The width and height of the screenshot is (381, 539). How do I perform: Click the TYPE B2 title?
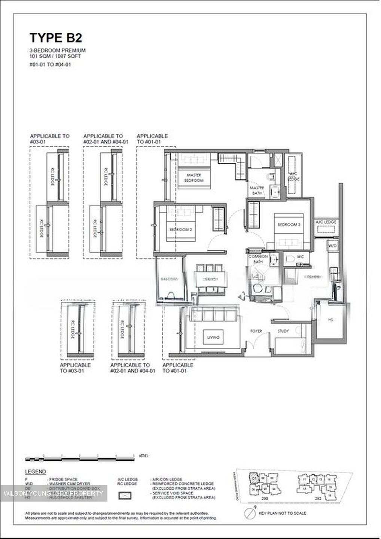click(55, 38)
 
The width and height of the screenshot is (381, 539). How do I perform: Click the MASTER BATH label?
click(257, 190)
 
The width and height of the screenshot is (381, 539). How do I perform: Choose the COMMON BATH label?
click(258, 259)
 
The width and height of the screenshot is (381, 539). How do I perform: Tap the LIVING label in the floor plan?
click(213, 338)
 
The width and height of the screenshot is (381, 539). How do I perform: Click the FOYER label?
click(256, 331)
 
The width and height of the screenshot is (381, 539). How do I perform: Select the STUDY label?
click(283, 331)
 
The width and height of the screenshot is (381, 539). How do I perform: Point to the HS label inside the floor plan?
click(330, 320)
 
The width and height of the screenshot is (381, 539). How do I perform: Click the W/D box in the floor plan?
click(332, 246)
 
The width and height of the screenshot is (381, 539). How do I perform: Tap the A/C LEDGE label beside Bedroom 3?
click(326, 222)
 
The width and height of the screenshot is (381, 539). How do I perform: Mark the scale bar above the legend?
click(79, 458)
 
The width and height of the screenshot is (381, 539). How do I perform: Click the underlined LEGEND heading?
click(36, 472)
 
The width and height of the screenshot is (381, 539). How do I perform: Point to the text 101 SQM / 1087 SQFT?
click(55, 56)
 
